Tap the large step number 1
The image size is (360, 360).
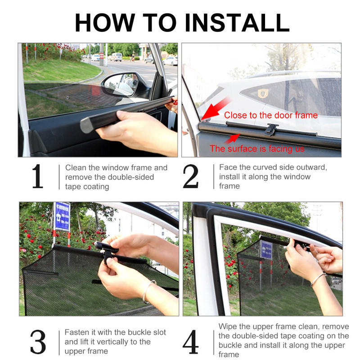(x=37, y=177)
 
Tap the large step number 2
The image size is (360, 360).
(x=191, y=177)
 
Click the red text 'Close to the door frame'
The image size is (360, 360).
(x=270, y=115)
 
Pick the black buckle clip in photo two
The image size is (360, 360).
(x=270, y=130)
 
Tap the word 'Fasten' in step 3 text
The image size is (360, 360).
(x=77, y=333)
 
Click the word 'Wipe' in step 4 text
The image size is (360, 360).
(x=228, y=326)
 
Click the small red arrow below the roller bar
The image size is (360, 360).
(x=234, y=139)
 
